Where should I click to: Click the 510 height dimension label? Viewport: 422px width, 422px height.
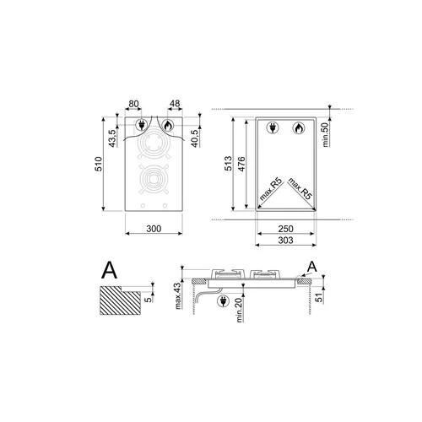coord(98,165)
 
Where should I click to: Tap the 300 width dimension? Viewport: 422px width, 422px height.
coord(154,229)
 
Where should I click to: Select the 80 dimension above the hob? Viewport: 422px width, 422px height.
coord(133,104)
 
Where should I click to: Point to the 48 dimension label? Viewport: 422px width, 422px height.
coord(175,104)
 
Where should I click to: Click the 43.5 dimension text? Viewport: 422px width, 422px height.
coord(112,138)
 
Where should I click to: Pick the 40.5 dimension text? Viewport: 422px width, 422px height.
coord(195,138)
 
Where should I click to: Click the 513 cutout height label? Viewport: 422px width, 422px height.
coord(228,163)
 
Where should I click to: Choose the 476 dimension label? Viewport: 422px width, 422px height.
coord(241,164)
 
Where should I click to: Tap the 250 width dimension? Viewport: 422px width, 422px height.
coord(285,229)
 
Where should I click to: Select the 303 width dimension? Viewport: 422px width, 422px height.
coord(285,241)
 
